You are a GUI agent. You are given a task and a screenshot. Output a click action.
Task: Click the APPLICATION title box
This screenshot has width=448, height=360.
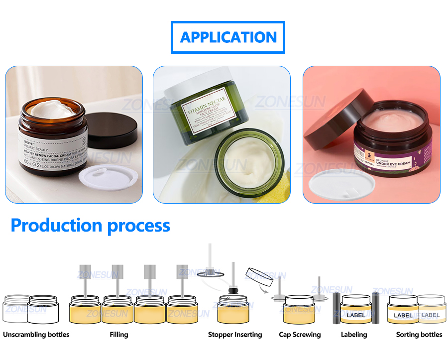click(228, 37)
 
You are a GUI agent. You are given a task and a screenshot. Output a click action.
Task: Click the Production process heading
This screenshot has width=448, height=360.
click(90, 226)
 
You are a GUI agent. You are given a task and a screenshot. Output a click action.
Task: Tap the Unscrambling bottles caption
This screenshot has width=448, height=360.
click(36, 335)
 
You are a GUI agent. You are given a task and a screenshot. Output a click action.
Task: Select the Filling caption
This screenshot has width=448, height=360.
click(118, 335)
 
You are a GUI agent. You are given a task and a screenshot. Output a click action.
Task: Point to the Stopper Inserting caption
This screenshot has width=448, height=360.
click(235, 335)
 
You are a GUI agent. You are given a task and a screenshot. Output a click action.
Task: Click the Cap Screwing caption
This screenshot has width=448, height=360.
click(300, 335)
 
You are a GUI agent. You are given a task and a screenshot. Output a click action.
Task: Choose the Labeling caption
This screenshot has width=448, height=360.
click(354, 335)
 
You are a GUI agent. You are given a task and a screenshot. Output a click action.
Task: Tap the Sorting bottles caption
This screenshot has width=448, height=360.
click(419, 335)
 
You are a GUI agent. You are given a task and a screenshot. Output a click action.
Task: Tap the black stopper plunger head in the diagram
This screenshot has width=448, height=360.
click(232, 289)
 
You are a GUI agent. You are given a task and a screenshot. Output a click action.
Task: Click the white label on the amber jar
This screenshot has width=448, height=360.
click(52, 149)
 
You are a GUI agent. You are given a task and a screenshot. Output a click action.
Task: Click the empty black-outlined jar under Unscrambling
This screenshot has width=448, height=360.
click(43, 310)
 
